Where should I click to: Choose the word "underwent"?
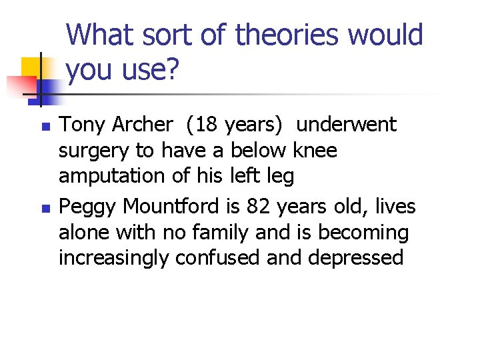click(x=346, y=125)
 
